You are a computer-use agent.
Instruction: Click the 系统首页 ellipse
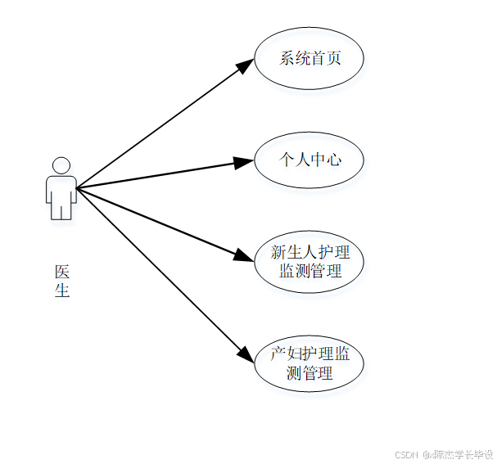click(x=309, y=58)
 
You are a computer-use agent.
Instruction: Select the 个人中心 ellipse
click(x=309, y=160)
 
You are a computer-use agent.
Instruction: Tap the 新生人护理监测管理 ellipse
click(x=309, y=261)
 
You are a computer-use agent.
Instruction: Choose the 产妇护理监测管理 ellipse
click(x=309, y=363)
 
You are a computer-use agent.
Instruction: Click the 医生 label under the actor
click(x=62, y=281)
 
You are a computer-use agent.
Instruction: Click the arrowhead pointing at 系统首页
click(x=246, y=65)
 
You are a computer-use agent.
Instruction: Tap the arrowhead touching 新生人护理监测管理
click(x=244, y=256)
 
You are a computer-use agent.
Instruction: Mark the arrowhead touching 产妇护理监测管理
click(x=245, y=354)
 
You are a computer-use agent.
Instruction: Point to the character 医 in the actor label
click(x=62, y=272)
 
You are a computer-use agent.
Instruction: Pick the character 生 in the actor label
click(x=62, y=290)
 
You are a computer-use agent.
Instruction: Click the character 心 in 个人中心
click(x=332, y=160)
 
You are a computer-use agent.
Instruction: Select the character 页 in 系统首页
click(x=332, y=58)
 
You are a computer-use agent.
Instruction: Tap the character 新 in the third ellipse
click(x=278, y=252)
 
